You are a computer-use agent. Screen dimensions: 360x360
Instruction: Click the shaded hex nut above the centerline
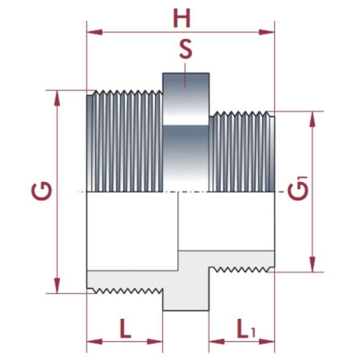pyautogui.click(x=186, y=131)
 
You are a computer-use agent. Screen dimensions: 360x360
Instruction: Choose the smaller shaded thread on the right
pyautogui.click(x=242, y=152)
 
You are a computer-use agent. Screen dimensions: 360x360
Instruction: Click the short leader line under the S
pyautogui.click(x=186, y=67)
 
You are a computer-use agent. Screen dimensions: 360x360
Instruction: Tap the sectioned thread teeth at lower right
pyautogui.click(x=242, y=268)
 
